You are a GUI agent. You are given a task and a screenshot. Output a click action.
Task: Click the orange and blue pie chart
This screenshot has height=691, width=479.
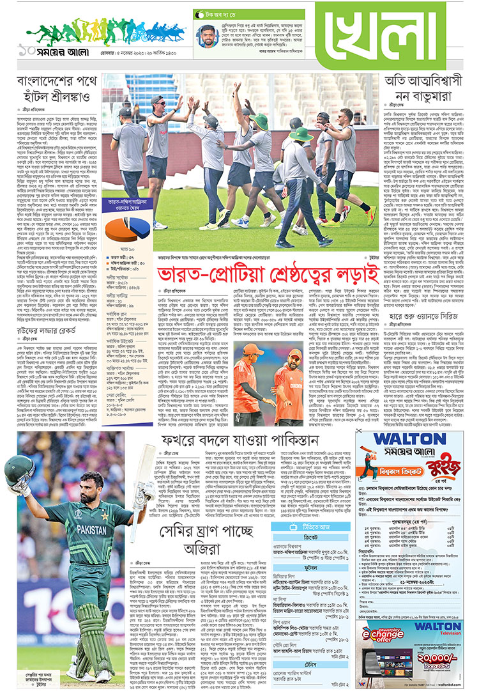coord(125,229)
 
